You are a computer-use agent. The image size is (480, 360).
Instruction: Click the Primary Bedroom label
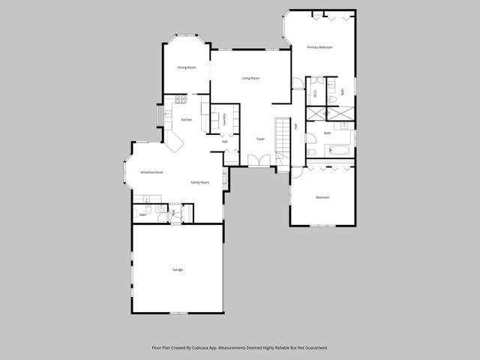click(319, 47)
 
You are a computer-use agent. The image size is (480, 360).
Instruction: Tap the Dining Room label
click(187, 67)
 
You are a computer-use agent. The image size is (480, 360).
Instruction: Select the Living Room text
click(250, 78)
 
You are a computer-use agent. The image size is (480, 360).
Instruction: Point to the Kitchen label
click(187, 120)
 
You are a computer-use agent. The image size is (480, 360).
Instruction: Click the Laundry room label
click(224, 118)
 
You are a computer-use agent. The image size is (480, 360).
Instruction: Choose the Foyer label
click(260, 139)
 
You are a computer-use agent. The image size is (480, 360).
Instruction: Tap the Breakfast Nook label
click(152, 172)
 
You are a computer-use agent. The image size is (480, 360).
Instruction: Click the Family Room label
click(199, 182)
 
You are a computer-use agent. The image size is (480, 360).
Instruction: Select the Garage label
click(178, 269)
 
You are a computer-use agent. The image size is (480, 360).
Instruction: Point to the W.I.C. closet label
click(316, 94)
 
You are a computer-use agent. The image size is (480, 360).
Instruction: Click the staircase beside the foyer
click(283, 139)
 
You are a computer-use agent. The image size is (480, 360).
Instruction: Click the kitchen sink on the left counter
click(168, 115)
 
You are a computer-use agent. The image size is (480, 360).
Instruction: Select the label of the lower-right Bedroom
click(322, 197)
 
